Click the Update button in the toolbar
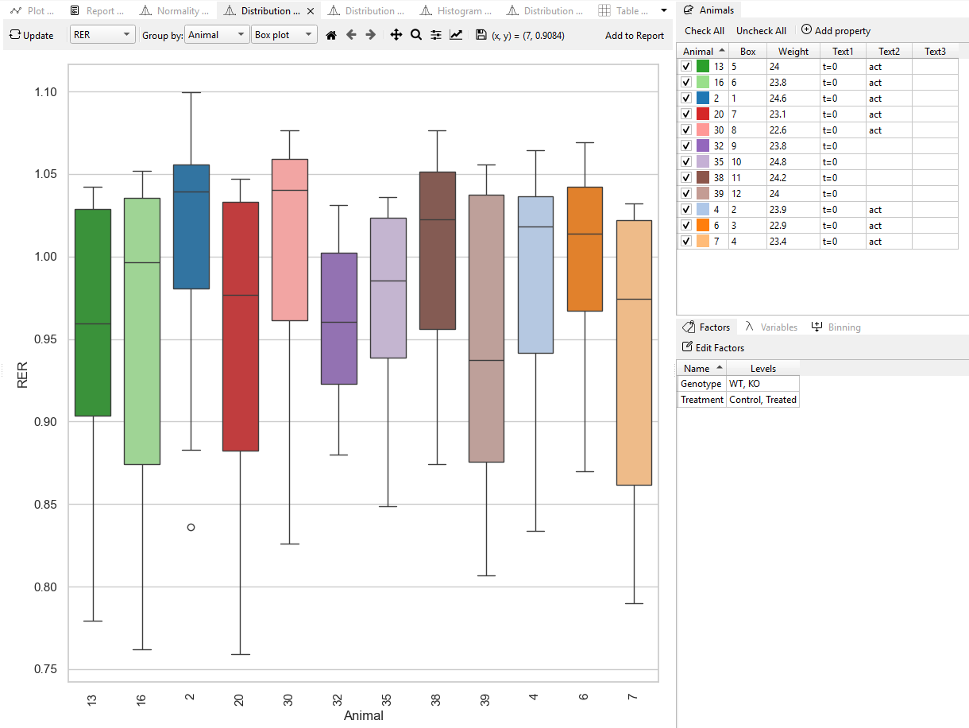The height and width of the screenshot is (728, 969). click(32, 36)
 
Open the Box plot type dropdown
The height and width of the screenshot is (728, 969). click(284, 36)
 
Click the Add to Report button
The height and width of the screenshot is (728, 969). click(634, 36)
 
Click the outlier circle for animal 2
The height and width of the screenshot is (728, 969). click(191, 527)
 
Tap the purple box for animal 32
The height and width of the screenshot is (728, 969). click(338, 318)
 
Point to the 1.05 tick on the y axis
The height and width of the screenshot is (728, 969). click(46, 174)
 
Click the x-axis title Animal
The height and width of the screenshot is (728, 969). click(363, 716)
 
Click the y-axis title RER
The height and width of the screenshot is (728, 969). click(22, 374)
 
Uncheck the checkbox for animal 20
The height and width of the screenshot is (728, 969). click(686, 114)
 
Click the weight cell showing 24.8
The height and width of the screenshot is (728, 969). click(793, 162)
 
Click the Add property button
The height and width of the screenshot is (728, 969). click(836, 30)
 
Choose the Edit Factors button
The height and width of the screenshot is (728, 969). click(713, 347)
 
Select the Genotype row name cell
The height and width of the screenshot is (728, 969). click(701, 384)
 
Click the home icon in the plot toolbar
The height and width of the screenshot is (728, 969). click(331, 36)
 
